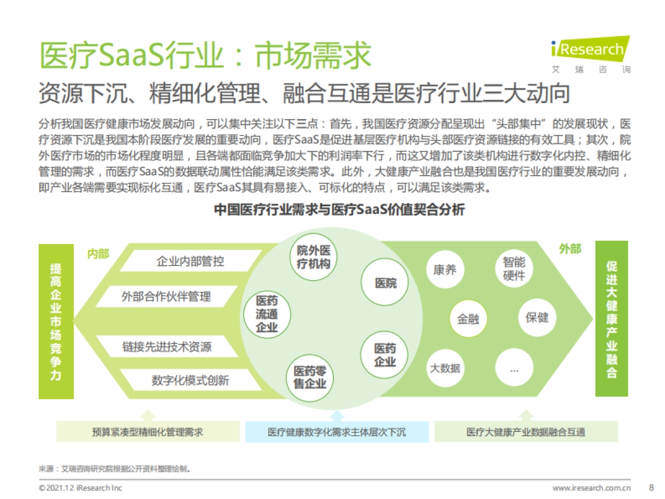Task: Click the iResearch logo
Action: click(x=591, y=54)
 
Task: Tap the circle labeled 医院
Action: click(x=386, y=283)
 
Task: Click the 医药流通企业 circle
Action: click(x=267, y=314)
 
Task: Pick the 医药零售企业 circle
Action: click(x=310, y=377)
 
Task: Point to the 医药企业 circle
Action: click(x=385, y=355)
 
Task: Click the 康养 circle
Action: click(x=445, y=270)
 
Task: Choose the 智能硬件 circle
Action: click(x=514, y=269)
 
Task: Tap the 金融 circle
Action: click(x=468, y=319)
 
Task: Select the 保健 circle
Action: click(x=536, y=318)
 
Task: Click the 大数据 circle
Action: click(x=445, y=368)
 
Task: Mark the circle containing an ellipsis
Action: click(x=514, y=368)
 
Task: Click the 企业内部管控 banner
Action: click(x=190, y=261)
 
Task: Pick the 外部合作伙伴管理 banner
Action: click(x=166, y=296)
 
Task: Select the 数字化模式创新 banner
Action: click(x=190, y=380)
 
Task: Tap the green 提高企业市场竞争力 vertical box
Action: click(x=56, y=321)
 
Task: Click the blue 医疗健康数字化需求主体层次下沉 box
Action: click(x=336, y=431)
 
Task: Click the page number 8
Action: click(x=651, y=488)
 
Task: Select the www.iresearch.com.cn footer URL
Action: click(x=592, y=488)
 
